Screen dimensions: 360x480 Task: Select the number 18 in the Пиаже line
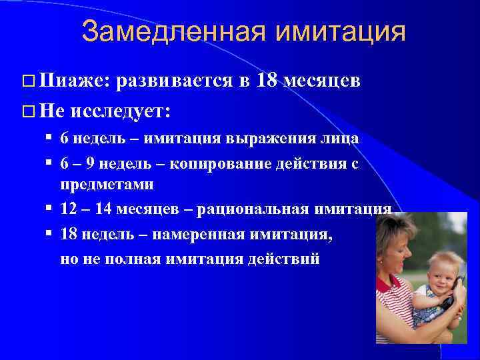pyautogui.click(x=267, y=81)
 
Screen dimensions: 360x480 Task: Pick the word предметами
pyautogui.click(x=107, y=184)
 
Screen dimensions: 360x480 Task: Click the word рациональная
pyautogui.click(x=263, y=209)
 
